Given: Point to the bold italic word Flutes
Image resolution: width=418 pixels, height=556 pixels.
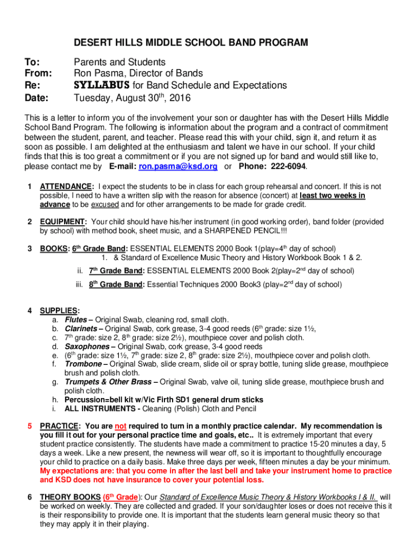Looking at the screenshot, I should click(76, 320).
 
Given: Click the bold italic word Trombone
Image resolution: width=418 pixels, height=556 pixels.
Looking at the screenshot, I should click(83, 364).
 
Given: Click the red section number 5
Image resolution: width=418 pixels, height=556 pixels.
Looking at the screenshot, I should click(29, 426).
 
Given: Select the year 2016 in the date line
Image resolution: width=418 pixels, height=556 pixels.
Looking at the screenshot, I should click(180, 98).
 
